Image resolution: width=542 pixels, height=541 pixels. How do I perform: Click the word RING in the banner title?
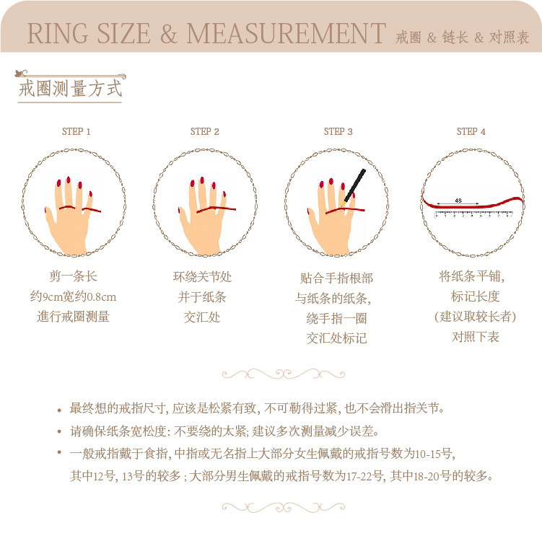coord(58,33)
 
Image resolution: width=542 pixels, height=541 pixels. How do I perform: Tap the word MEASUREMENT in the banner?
coord(287,33)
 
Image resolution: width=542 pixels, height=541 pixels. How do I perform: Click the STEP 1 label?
coord(76,131)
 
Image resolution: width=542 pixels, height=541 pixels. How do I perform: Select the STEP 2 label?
coord(205,131)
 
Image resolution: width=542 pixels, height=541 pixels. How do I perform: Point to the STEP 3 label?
coord(338,131)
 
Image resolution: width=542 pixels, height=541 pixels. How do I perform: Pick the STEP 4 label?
coord(471,131)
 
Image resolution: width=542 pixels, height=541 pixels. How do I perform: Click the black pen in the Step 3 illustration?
coord(354,187)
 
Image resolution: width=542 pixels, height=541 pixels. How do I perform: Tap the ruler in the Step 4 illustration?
coord(473,214)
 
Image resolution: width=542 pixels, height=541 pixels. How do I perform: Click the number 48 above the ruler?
coord(458,201)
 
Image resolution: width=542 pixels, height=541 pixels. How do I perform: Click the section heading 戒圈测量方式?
coord(70,89)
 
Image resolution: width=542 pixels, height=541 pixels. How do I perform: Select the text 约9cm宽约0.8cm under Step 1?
coord(73,296)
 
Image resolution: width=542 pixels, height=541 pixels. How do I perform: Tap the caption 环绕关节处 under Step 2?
coord(202,276)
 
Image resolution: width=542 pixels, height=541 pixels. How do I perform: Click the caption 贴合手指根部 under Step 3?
coord(336,278)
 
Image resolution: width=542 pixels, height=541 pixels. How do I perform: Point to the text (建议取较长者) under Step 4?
coord(475,317)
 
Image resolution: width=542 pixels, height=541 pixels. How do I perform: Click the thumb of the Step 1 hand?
coord(50,217)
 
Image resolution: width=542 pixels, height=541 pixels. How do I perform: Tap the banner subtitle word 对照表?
coord(509,38)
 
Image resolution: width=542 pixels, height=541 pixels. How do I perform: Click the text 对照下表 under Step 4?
coord(476,336)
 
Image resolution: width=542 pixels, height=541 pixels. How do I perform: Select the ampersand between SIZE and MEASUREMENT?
coord(169,33)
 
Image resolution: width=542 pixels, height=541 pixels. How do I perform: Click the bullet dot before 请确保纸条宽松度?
coord(59,431)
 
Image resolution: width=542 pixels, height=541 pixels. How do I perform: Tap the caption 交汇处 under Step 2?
coord(202,317)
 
